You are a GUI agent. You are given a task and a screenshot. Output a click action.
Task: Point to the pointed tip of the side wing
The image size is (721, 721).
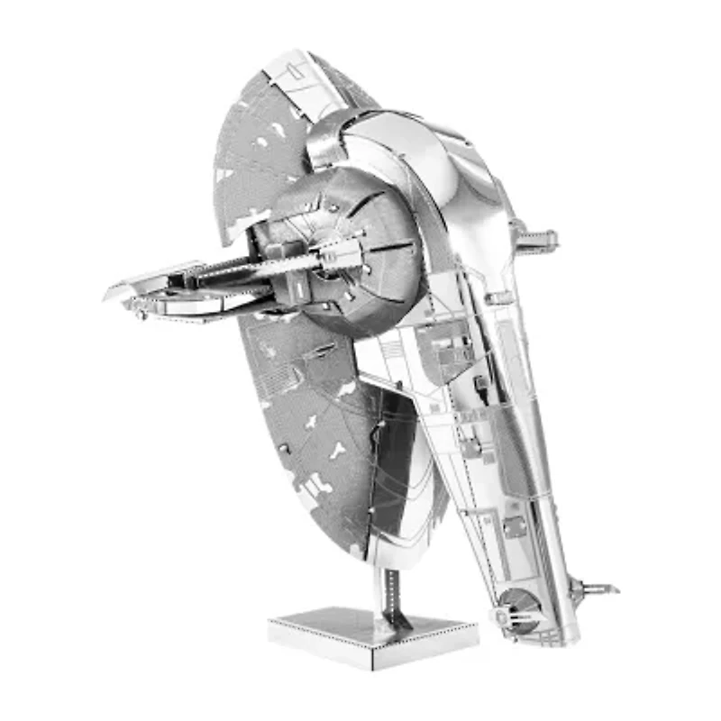(110, 293)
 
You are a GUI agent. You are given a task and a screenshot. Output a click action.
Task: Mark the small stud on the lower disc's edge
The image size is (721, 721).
(283, 448)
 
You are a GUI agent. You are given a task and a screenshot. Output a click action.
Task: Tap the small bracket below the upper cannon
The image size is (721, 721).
(498, 297)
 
